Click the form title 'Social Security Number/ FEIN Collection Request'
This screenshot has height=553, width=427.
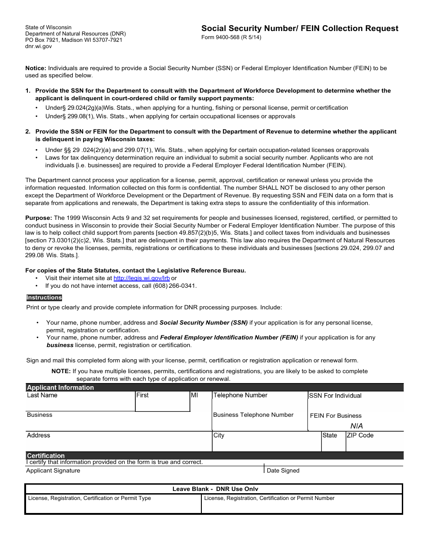299,28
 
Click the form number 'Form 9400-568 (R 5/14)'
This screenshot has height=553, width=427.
231,37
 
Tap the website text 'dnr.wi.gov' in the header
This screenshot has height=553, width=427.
39,46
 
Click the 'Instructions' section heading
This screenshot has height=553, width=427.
44,298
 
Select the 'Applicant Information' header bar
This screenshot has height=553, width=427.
60,388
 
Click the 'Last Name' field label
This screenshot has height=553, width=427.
42,395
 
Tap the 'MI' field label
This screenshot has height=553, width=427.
194,395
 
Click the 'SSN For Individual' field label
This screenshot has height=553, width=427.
335,396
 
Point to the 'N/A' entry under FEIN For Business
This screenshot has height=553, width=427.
356,426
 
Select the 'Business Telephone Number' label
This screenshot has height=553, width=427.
253,415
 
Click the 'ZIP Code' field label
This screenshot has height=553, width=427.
360,435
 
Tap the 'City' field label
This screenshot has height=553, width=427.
219,435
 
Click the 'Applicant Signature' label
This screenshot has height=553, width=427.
53,471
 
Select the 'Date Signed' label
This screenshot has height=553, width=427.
283,471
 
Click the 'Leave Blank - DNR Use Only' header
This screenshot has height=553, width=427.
215,489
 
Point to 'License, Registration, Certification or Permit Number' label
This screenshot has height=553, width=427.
269,498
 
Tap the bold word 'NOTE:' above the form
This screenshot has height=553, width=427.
61,371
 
